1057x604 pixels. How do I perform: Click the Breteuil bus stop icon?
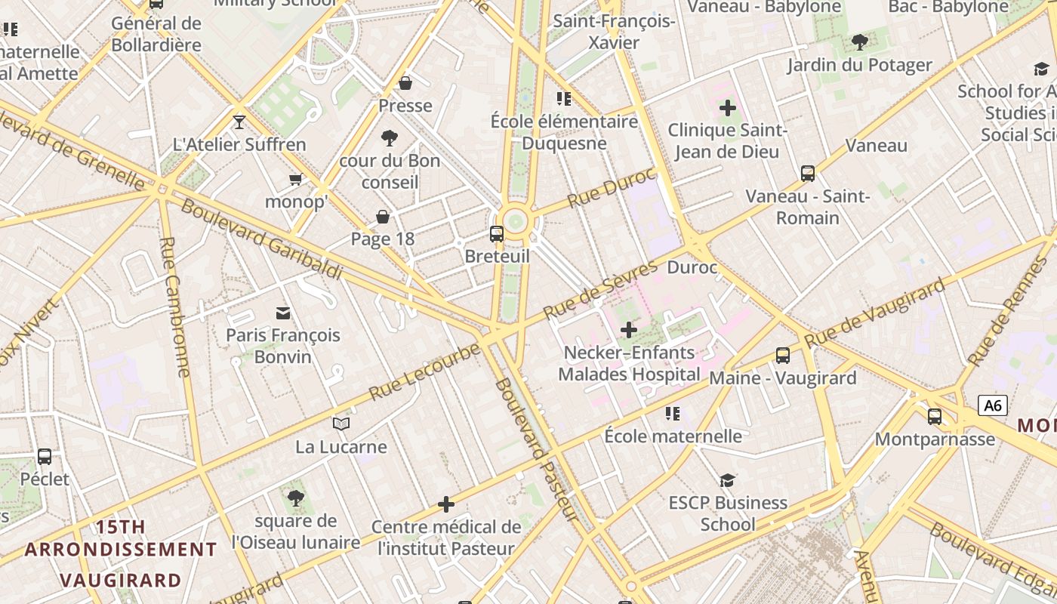tap(496, 234)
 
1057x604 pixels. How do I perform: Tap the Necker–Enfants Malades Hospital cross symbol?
tap(628, 330)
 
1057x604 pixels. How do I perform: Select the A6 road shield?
tap(993, 405)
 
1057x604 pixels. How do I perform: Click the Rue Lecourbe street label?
tap(424, 372)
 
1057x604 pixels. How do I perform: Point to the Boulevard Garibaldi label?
tap(261, 239)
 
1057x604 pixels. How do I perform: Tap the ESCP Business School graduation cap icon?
tap(727, 480)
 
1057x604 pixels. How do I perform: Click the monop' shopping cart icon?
tap(296, 180)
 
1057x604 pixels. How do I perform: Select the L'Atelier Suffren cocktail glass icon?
tap(239, 122)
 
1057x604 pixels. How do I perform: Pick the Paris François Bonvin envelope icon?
tap(283, 313)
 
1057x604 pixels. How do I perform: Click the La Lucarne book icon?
tap(341, 424)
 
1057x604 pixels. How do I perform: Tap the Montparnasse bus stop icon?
tap(935, 416)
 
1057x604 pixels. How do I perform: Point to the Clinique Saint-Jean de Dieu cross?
tap(728, 108)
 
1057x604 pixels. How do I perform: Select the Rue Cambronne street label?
tap(175, 307)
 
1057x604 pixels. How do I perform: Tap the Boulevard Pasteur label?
tap(537, 449)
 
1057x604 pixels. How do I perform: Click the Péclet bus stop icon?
tap(45, 457)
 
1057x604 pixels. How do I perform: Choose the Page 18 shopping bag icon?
tap(383, 217)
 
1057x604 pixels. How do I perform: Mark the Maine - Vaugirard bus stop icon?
tap(783, 356)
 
